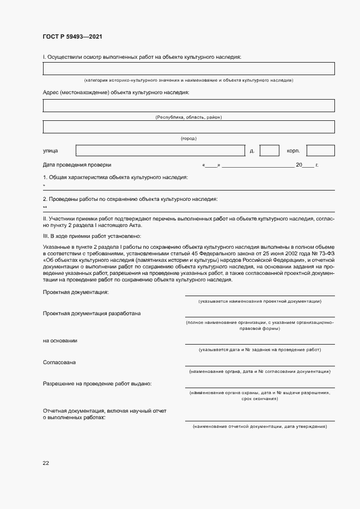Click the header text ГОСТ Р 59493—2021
tap(72, 36)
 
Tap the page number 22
tap(46, 463)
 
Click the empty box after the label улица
tap(160, 151)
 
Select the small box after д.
tap(269, 151)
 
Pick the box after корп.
tap(320, 151)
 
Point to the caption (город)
tap(188, 138)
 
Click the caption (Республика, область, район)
tap(188, 117)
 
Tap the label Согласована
tap(59, 362)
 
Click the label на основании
tap(60, 341)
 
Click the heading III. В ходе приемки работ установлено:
tap(91, 236)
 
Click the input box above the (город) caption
tap(188, 126)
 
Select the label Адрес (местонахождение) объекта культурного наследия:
tap(115, 93)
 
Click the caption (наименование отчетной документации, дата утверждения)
tap(260, 426)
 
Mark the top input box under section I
tap(188, 69)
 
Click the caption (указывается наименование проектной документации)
tap(260, 301)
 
